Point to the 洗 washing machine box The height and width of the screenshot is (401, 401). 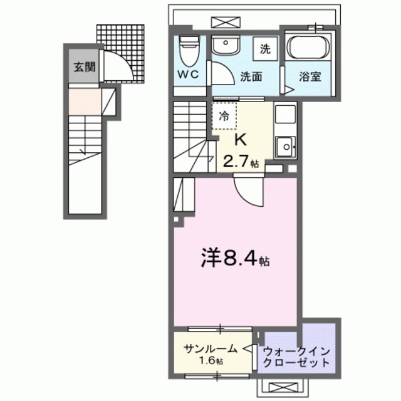click(265, 48)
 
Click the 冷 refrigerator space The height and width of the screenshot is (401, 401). click(224, 116)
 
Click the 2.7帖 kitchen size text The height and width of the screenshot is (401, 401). click(241, 162)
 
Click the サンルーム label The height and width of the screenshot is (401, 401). click(210, 348)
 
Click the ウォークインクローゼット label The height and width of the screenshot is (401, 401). click(296, 357)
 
